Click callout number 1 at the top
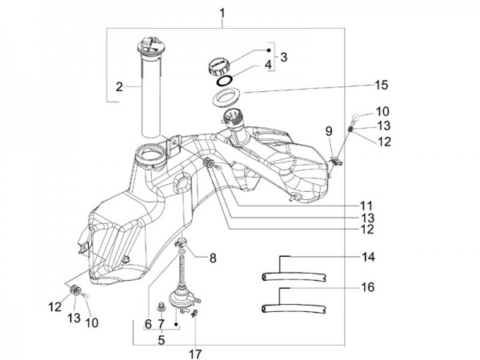[222, 12]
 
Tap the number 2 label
[118, 86]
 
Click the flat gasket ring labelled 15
[229, 99]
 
